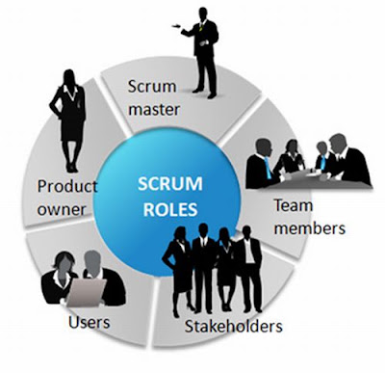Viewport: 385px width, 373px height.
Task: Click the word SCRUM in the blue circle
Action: coord(170,184)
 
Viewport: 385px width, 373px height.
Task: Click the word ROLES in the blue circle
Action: coord(170,209)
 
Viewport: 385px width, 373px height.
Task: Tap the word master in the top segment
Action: coord(154,110)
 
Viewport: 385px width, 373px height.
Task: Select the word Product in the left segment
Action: coord(67,186)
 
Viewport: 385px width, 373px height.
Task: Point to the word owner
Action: coord(62,210)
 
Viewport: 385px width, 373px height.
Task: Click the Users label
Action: coord(90,322)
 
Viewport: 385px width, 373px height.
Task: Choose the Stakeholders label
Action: coord(234,327)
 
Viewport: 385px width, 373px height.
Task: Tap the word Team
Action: coord(293,206)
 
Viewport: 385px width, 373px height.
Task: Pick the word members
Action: coord(310,228)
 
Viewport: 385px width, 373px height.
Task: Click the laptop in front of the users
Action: coord(87,292)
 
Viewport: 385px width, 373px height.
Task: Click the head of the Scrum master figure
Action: coord(203,14)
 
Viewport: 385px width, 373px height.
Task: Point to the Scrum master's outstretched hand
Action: coord(176,26)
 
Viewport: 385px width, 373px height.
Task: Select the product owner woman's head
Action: coord(69,78)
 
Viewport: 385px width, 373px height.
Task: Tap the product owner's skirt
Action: coord(72,128)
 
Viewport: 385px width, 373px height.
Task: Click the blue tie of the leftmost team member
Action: coord(268,168)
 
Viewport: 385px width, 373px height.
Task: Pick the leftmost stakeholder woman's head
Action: coord(180,234)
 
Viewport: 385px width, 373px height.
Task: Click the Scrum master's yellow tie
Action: coord(201,27)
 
